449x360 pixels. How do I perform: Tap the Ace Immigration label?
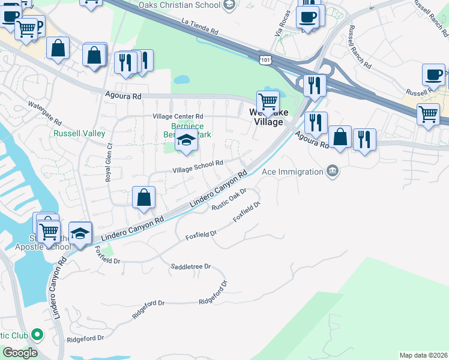[293, 172]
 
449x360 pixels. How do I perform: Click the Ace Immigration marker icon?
[332, 172]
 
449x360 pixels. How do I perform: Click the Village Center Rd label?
[178, 116]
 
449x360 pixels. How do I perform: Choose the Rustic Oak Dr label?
[230, 200]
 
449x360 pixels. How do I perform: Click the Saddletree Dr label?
[191, 266]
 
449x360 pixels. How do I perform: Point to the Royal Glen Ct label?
[109, 163]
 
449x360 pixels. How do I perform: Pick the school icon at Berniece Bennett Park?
[186, 142]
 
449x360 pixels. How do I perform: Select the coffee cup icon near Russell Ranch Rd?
[433, 74]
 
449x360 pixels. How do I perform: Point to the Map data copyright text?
[423, 355]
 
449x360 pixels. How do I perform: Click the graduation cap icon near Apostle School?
[80, 233]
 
